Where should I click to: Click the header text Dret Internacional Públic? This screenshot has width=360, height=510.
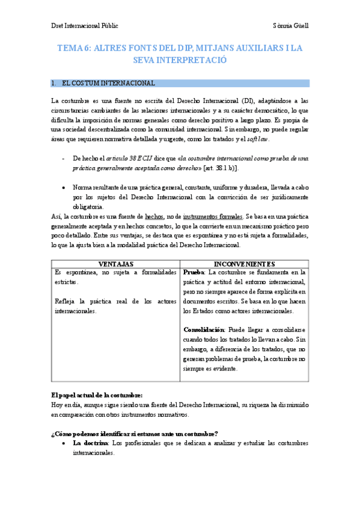(84, 26)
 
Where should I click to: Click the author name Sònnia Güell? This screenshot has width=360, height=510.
(290, 26)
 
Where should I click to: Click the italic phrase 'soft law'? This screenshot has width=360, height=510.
(258, 138)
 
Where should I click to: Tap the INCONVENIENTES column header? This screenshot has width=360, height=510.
(244, 264)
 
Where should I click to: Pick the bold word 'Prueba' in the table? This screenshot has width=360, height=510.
(195, 272)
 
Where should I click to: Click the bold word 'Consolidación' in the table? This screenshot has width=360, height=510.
(204, 330)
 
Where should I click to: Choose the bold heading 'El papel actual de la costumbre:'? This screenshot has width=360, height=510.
(97, 395)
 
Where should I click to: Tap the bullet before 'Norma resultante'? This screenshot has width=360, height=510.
(64, 188)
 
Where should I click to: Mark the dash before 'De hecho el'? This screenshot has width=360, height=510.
(64, 158)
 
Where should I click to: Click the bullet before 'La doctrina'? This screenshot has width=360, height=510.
(64, 443)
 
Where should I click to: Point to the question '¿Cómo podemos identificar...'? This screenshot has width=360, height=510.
(134, 434)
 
